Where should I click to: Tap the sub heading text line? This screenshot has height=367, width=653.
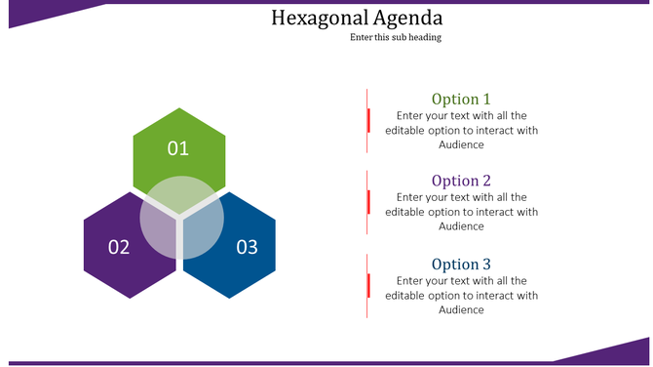click(x=396, y=38)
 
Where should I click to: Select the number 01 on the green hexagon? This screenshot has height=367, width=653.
click(x=177, y=148)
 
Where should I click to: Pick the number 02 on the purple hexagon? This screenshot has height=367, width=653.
click(x=119, y=247)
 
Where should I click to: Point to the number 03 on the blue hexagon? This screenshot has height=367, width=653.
click(x=247, y=247)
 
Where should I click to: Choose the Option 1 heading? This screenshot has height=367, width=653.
click(x=461, y=99)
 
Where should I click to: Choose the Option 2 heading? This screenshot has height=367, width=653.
click(x=461, y=181)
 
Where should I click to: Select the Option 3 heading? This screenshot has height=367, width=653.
click(x=461, y=265)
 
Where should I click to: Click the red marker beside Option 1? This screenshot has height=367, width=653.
click(x=368, y=120)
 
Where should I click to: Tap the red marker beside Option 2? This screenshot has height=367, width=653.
click(x=368, y=202)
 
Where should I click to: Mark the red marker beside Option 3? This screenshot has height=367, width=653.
click(x=368, y=285)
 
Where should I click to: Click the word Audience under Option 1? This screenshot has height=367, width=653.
click(x=461, y=144)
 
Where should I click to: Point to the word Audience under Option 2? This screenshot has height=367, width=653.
click(x=461, y=226)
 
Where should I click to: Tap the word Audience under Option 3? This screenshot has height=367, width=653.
click(x=461, y=310)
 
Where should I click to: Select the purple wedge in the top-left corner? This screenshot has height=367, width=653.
click(x=39, y=12)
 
